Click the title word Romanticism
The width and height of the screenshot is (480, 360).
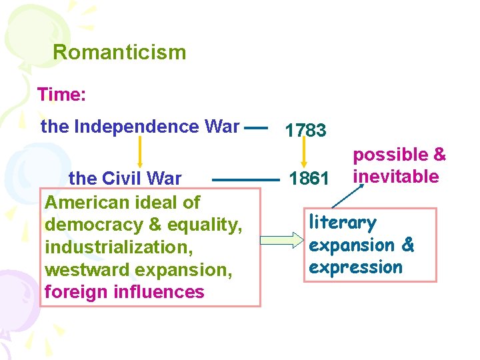pos(119,52)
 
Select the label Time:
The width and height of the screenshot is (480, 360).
pos(61,94)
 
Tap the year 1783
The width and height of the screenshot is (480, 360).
pos(305,131)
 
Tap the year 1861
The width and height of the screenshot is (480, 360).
pos(309,179)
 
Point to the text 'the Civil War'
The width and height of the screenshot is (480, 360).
pos(125,179)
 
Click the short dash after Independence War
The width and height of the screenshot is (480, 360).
pos(256,126)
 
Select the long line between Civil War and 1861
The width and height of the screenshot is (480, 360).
pos(245,179)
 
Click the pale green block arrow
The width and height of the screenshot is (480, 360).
pos(281,240)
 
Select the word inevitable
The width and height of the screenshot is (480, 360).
pos(396,177)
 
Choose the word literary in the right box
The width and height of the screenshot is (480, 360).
pos(343,222)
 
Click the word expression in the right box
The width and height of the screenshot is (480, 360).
pos(355,267)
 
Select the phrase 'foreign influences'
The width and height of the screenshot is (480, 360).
pos(124,292)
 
